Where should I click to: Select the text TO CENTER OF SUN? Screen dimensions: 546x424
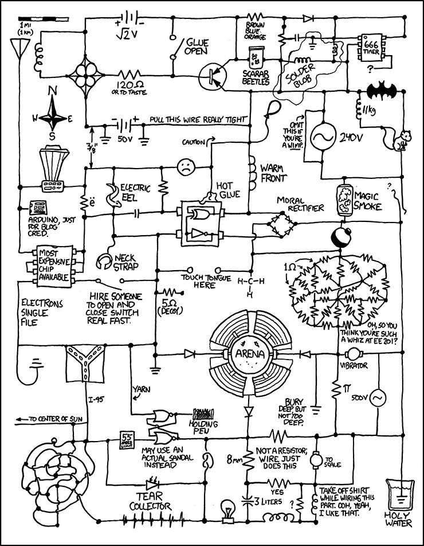pyautogui.click(x=53, y=420)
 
